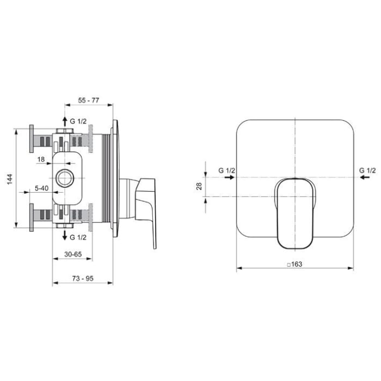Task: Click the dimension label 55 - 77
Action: pyautogui.click(x=88, y=101)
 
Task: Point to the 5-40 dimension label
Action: pyautogui.click(x=41, y=188)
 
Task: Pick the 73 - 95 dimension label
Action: pyautogui.click(x=82, y=278)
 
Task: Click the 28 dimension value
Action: pyautogui.click(x=199, y=186)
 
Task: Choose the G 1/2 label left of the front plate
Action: pyautogui.click(x=227, y=171)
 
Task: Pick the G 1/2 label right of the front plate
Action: pyautogui.click(x=367, y=171)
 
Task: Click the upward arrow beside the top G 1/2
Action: pyautogui.click(x=65, y=121)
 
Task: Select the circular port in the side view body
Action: pyautogui.click(x=65, y=178)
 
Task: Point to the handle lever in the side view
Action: pyautogui.click(x=146, y=204)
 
